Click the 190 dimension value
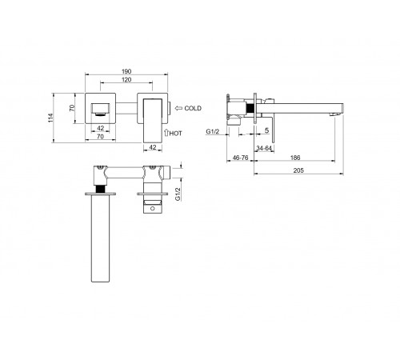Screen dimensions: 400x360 (126, 71)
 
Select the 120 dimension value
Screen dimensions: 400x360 (126, 80)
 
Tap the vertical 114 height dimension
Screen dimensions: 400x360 (50, 118)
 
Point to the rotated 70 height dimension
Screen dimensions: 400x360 (72, 108)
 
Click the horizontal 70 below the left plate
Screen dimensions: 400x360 (100, 137)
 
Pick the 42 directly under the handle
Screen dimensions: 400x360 (153, 147)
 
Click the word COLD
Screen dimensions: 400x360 (193, 108)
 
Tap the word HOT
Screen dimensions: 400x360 (176, 134)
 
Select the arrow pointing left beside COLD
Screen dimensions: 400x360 (178, 108)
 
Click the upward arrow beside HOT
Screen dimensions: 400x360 (166, 133)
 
